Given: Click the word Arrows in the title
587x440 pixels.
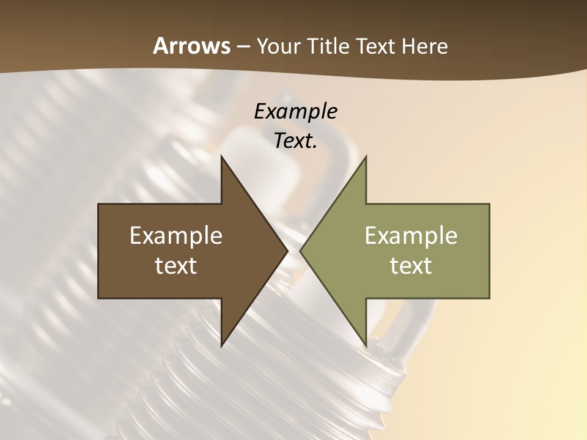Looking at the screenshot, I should (191, 46).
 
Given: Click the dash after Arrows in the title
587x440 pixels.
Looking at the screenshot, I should (243, 47).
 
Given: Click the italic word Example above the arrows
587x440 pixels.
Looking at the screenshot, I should (296, 111).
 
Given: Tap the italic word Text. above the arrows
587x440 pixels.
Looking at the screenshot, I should (296, 141).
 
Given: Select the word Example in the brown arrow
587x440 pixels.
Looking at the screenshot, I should (176, 235).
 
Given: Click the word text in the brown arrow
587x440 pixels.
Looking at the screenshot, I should (176, 265).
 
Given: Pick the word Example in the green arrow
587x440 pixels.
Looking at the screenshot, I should (411, 235).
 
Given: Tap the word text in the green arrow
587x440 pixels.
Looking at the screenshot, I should (411, 265).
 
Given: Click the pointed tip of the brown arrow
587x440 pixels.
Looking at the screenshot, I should (287, 251).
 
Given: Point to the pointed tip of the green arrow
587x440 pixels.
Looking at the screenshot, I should (301, 251).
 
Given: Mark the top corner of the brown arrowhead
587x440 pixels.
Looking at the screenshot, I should (221, 157).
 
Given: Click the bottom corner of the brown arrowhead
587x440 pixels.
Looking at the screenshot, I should (221, 345).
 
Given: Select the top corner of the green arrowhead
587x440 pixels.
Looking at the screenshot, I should (366, 157).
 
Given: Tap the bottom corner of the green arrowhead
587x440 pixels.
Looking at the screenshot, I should (366, 345).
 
